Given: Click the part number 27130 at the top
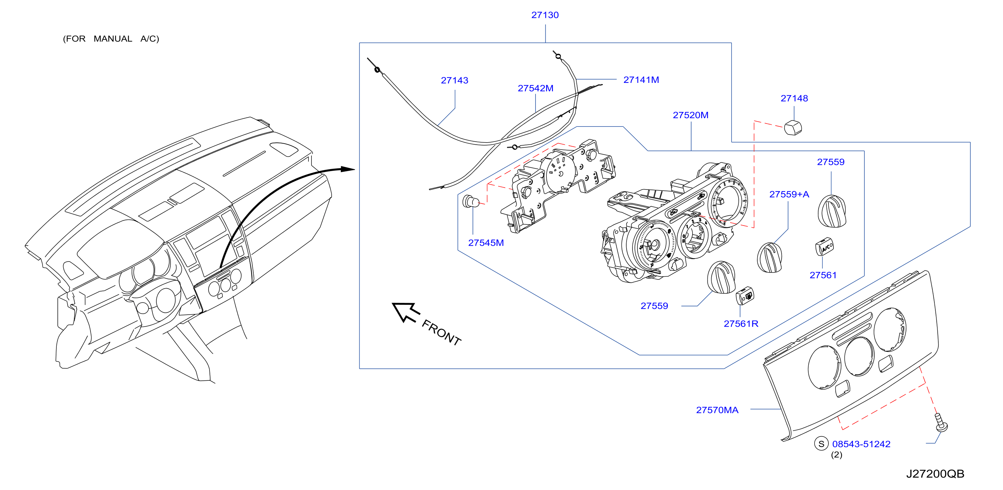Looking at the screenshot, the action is pyautogui.click(x=545, y=15).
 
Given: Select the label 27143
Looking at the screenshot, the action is pyautogui.click(x=454, y=81).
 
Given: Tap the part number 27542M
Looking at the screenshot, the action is pyautogui.click(x=535, y=88).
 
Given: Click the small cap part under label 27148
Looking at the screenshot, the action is pyautogui.click(x=793, y=128).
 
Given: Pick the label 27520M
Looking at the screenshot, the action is pyautogui.click(x=690, y=115).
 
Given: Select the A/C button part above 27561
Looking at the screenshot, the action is pyautogui.click(x=824, y=246).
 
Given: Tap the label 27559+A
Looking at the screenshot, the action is pyautogui.click(x=789, y=194).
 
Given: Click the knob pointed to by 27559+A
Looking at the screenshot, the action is pyautogui.click(x=769, y=258).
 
